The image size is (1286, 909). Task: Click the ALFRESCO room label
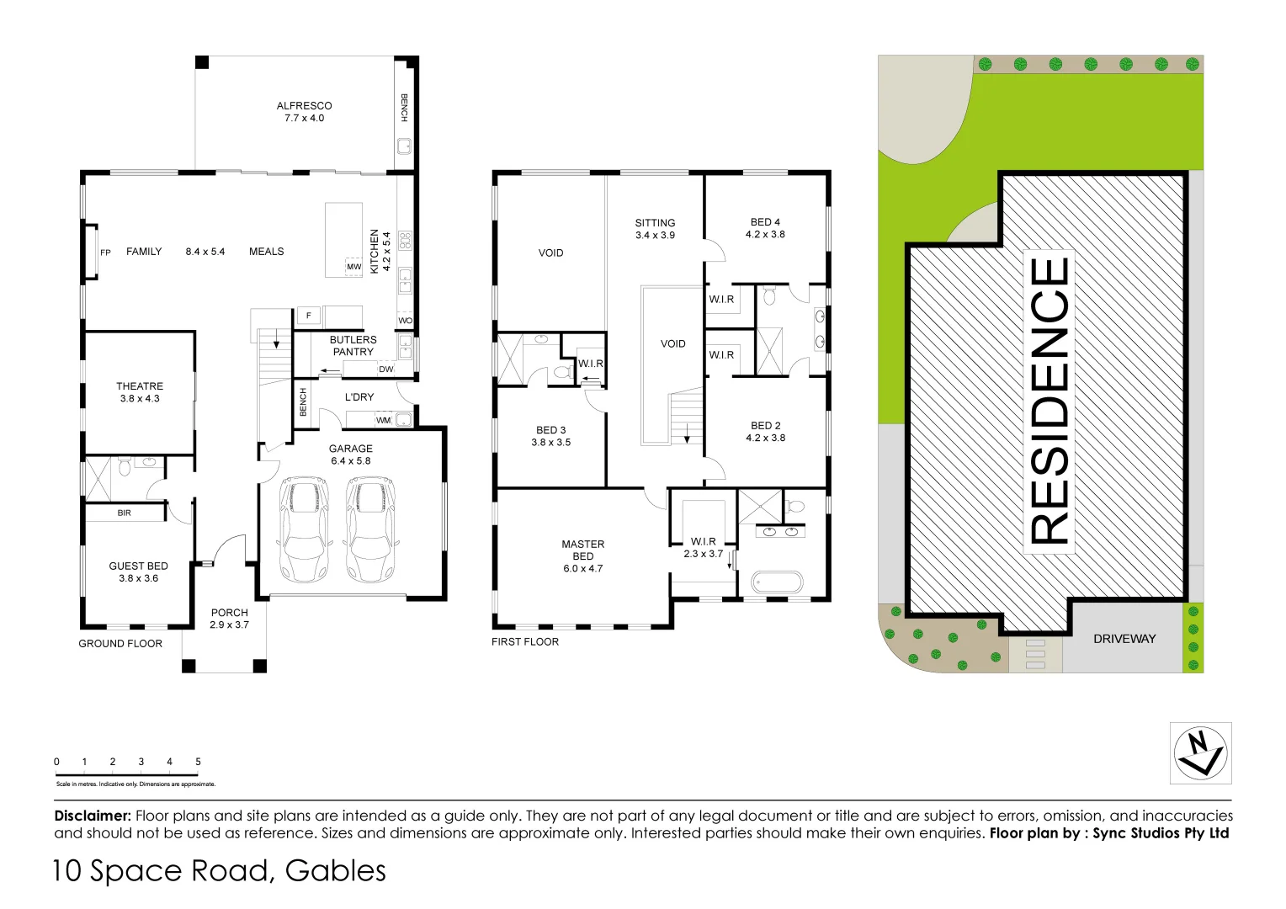(x=304, y=106)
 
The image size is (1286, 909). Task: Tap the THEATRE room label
(x=140, y=386)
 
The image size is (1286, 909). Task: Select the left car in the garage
(x=303, y=529)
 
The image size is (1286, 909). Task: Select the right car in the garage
(x=370, y=529)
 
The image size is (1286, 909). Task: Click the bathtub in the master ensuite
(x=776, y=582)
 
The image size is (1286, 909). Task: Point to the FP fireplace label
(x=105, y=252)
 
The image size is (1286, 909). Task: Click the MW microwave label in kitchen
(x=353, y=267)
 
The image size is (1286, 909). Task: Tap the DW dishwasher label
(x=385, y=369)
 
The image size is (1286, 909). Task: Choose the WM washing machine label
(x=383, y=420)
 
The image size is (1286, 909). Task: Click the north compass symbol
(x=1201, y=752)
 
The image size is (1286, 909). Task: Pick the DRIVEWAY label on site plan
(x=1124, y=639)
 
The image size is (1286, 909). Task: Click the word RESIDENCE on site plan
(x=1050, y=401)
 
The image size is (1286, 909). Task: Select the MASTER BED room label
(x=583, y=550)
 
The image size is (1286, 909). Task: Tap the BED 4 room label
(x=765, y=222)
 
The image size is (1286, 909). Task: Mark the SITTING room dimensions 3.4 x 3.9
(x=655, y=236)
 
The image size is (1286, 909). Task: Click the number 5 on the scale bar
(x=198, y=762)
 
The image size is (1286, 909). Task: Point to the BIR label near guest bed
(x=124, y=513)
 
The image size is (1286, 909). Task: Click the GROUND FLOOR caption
(x=120, y=644)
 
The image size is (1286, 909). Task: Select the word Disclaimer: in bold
(x=93, y=816)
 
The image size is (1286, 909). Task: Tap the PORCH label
(x=229, y=613)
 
